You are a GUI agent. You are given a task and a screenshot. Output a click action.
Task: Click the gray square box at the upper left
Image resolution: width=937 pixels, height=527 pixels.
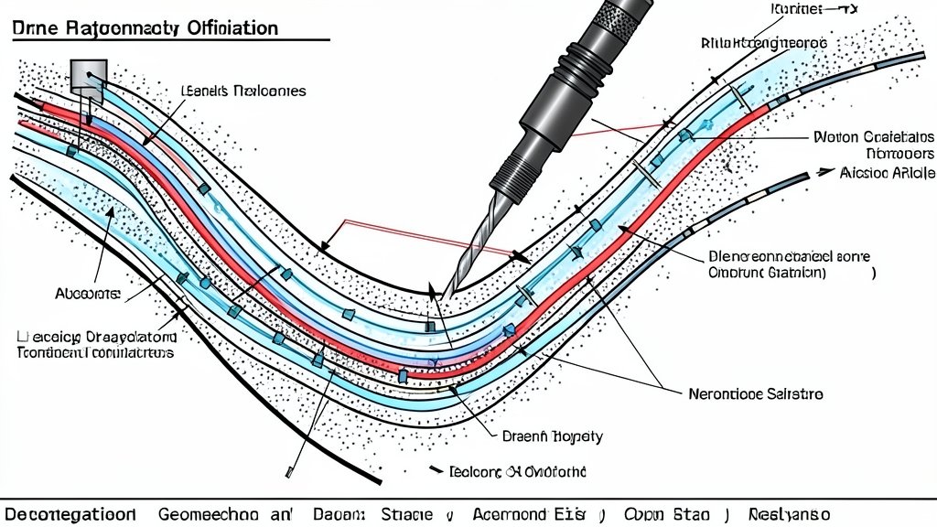point(89,75)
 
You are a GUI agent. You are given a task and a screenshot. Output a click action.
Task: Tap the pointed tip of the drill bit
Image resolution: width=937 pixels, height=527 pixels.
point(449,290)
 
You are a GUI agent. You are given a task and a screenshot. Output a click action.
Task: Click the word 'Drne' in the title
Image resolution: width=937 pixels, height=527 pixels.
point(35,27)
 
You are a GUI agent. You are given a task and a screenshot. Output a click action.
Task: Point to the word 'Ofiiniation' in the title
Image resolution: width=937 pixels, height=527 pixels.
point(232,27)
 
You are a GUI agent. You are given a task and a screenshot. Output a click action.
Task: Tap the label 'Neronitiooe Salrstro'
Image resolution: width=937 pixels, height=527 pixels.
point(755,393)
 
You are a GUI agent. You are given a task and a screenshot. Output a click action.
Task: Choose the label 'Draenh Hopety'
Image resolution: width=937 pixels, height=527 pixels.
point(553,436)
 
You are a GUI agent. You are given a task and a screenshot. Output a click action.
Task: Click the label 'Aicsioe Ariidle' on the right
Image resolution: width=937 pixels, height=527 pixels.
point(887,172)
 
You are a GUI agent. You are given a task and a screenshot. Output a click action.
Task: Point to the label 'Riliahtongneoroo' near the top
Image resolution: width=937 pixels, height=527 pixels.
point(764,43)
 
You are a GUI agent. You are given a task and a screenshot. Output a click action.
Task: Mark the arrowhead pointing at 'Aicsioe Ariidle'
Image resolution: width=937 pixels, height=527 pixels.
point(825,171)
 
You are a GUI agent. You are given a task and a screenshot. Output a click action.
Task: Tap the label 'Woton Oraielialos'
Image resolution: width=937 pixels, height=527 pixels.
point(873,137)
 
